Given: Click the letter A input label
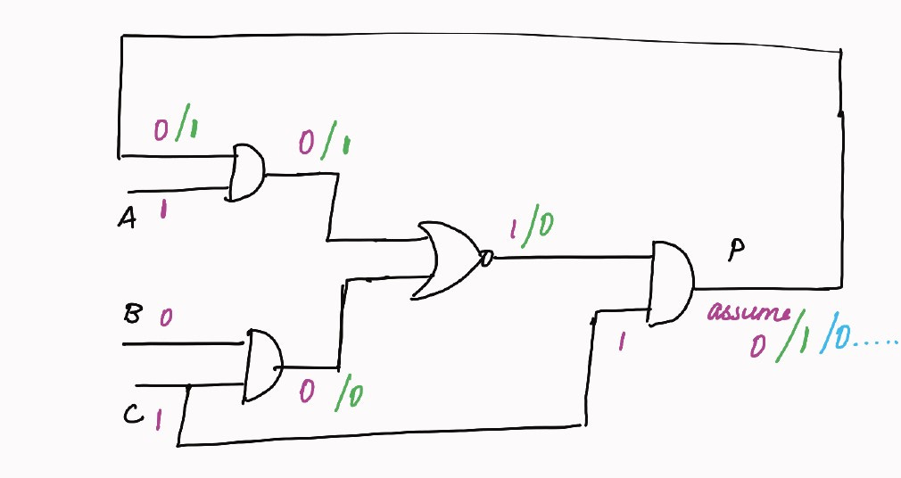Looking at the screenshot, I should click(127, 218).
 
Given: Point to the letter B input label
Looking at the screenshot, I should click(131, 314).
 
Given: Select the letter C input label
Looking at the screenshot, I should click(131, 414).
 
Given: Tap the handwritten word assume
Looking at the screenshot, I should click(749, 314).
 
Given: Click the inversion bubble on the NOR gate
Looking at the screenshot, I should click(486, 260).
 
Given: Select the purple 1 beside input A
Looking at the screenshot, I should click(163, 211).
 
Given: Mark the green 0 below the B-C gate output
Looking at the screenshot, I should click(355, 393).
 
